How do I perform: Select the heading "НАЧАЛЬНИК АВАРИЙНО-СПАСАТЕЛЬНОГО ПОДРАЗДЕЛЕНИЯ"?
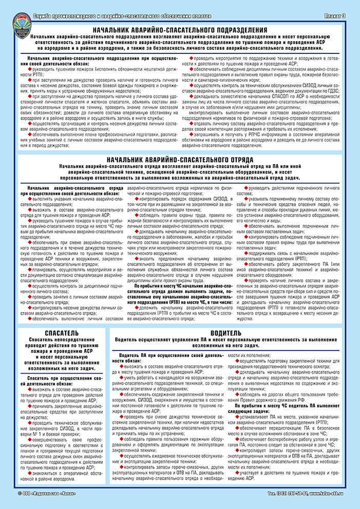(183, 30)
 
